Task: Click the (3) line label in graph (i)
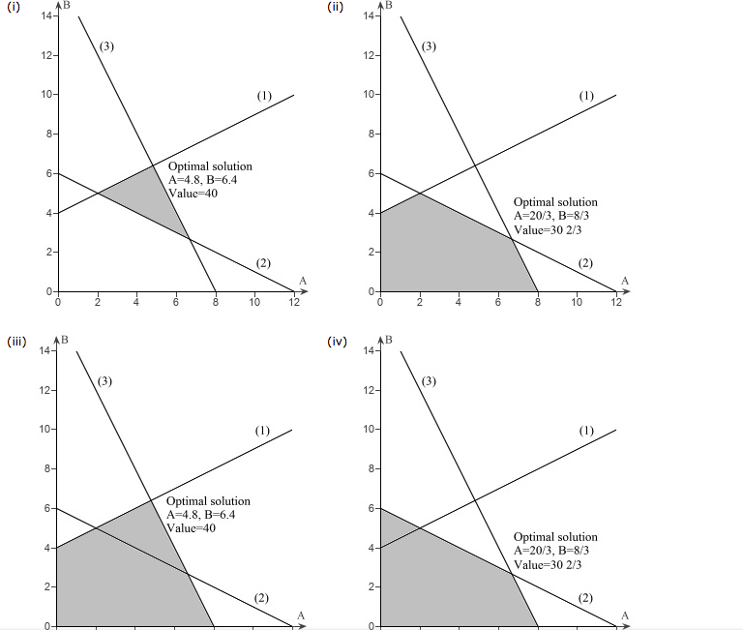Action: point(105,45)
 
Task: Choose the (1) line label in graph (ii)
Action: point(586,96)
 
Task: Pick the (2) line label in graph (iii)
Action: point(262,597)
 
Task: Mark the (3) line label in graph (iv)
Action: point(429,380)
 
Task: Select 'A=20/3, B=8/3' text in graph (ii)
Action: point(552,217)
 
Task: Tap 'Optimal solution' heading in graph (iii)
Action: point(208,501)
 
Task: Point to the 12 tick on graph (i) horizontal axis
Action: point(294,302)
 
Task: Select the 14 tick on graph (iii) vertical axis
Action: point(45,350)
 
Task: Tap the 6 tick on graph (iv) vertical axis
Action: point(369,508)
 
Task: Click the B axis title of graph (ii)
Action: point(389,6)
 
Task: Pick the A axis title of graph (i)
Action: point(303,281)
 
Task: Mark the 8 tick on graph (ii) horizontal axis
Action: point(537,302)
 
